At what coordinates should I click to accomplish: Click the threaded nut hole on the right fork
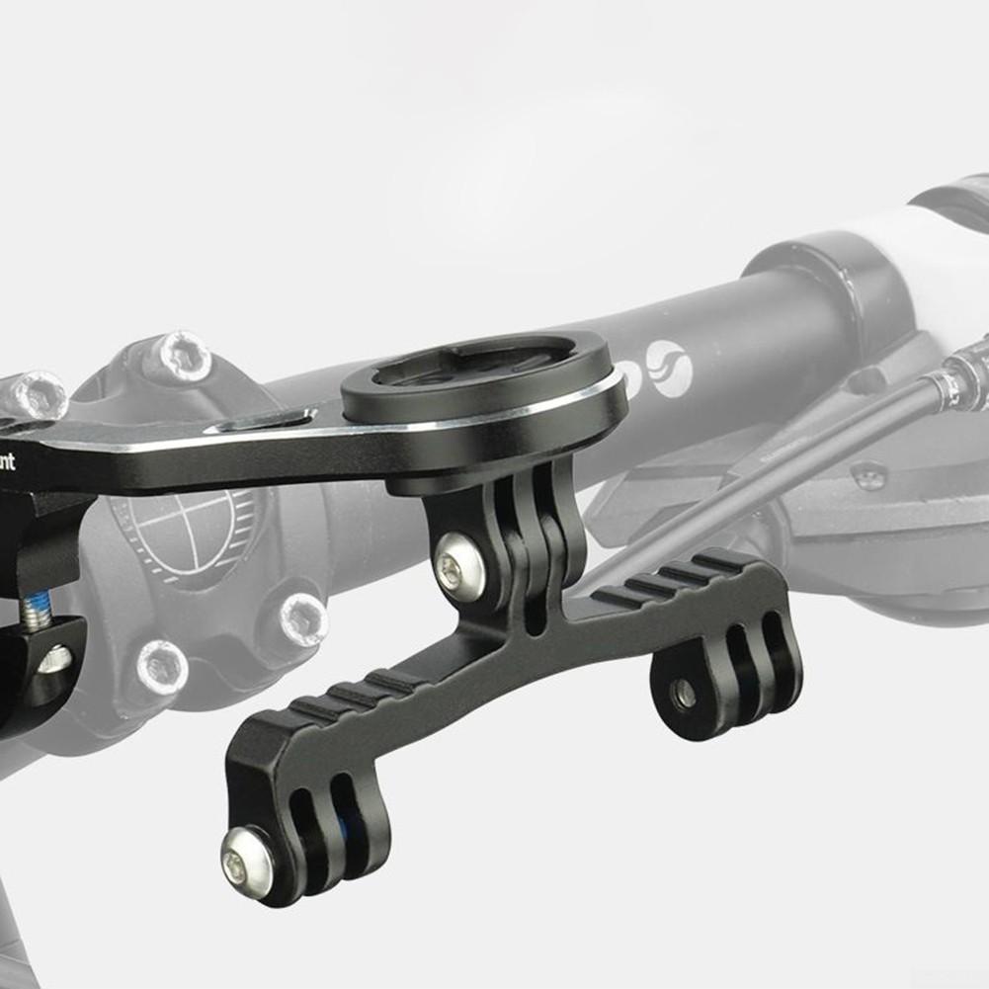683,694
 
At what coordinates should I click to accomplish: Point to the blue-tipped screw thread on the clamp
38,613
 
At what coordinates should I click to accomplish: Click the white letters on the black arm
8,460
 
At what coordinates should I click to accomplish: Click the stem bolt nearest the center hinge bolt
302,619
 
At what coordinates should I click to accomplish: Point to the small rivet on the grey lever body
868,476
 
